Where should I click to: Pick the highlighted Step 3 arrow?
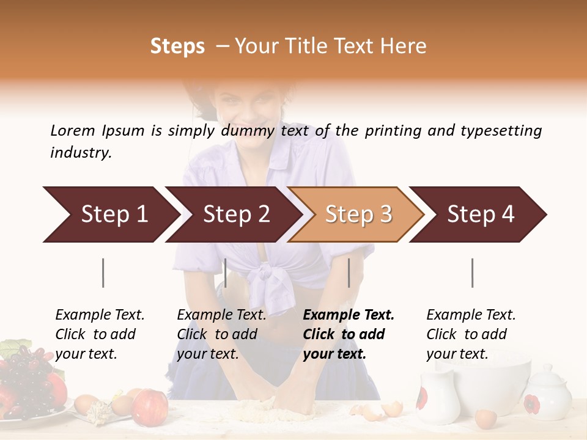pos(358,215)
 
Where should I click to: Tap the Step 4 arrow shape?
pos(480,215)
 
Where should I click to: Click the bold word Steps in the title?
pos(177,46)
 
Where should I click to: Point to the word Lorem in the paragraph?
pos(73,130)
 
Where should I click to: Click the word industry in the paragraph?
pos(81,153)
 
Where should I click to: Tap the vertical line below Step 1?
pos(103,273)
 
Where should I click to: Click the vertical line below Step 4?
pos(472,273)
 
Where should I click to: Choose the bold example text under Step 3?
pos(347,334)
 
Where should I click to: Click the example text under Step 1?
pos(100,334)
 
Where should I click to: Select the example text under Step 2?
pos(221,334)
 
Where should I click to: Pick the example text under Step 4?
pos(470,334)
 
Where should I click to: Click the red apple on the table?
pos(150,408)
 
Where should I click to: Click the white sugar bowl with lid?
pos(547,394)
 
